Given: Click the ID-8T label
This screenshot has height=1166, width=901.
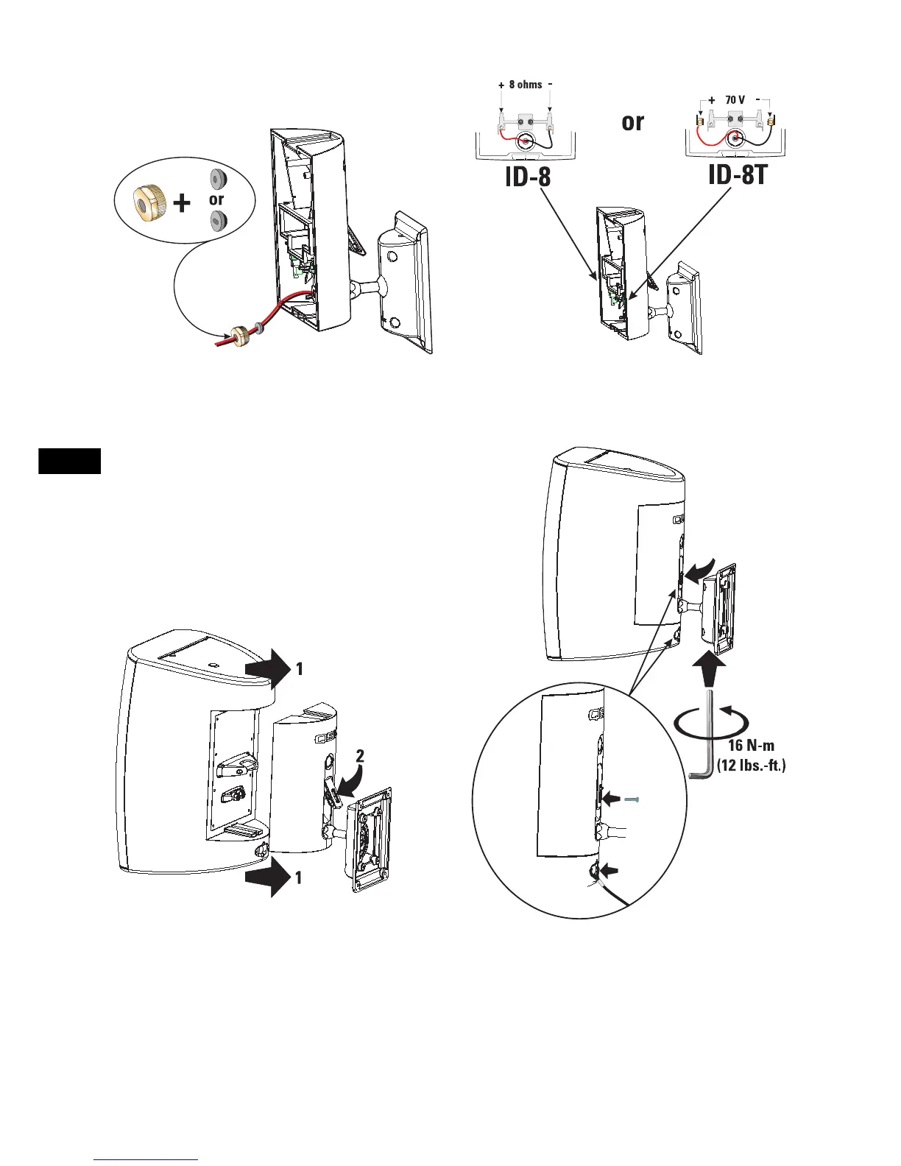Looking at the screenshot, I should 741,174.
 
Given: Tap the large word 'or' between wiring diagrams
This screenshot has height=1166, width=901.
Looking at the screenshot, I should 632,122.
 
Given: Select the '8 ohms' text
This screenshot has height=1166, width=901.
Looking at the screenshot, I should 525,85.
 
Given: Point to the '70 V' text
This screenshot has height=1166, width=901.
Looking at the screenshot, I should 735,99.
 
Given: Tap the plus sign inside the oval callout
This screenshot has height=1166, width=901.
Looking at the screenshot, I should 182,202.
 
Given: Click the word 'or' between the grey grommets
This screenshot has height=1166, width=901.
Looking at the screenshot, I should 216,199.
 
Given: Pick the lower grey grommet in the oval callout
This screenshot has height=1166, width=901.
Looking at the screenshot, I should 217,219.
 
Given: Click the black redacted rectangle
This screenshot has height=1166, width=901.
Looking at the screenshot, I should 69,461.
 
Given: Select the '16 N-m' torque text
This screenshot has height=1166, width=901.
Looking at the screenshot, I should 751,746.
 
